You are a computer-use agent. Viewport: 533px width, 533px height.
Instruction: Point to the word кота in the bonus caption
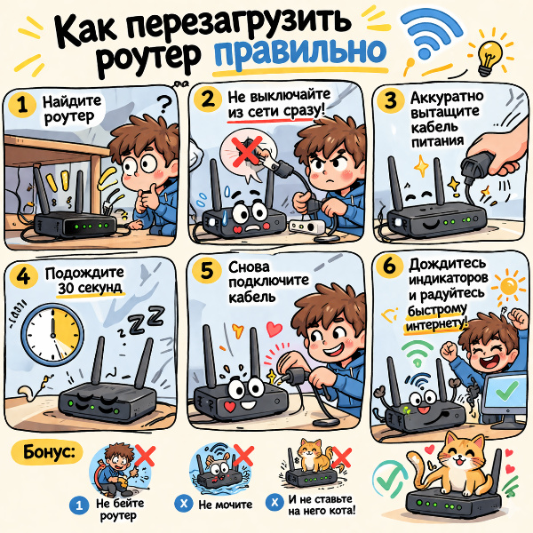click(340, 510)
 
